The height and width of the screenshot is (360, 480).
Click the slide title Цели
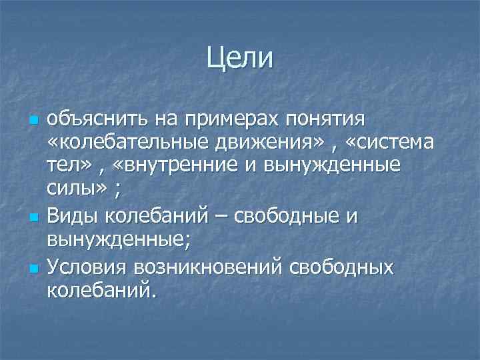(239, 57)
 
